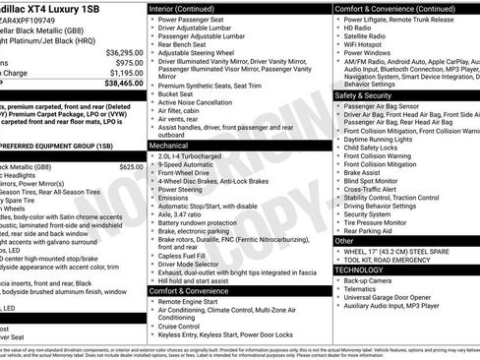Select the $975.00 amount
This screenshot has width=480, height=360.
pyautogui.click(x=130, y=62)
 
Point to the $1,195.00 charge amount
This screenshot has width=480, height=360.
pyautogui.click(x=125, y=73)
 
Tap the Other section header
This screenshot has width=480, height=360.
pyautogui.click(x=344, y=240)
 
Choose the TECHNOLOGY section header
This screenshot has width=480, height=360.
pyautogui.click(x=363, y=270)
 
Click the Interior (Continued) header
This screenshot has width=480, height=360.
pyautogui.click(x=184, y=8)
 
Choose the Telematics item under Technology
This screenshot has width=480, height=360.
pyautogui.click(x=364, y=290)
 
